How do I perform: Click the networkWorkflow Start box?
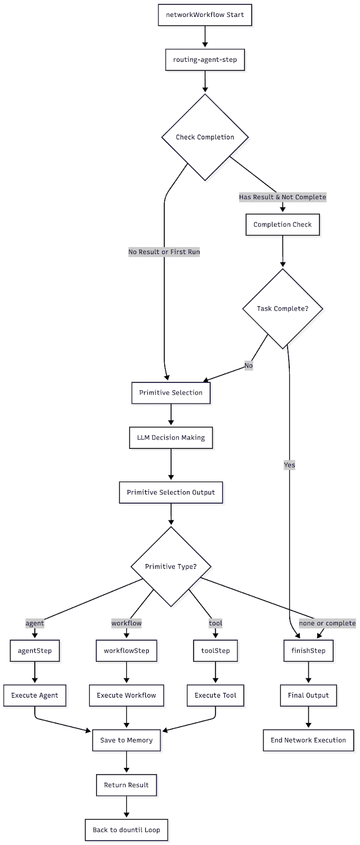click(x=205, y=15)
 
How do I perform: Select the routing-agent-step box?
click(x=205, y=60)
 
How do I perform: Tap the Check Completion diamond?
click(x=205, y=137)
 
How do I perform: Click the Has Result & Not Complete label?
click(x=282, y=197)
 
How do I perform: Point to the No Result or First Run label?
click(x=164, y=252)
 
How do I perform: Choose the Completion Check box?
click(x=282, y=224)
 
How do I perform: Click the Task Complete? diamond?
click(x=282, y=308)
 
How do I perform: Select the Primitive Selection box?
click(x=170, y=393)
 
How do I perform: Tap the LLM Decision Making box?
click(x=170, y=438)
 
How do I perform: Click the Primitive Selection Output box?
click(x=170, y=492)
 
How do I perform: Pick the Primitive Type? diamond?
click(x=170, y=567)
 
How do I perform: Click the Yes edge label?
click(x=289, y=465)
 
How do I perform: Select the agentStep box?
click(x=35, y=651)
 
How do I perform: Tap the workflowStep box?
click(x=126, y=651)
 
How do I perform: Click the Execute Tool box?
click(x=215, y=696)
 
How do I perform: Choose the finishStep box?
click(x=308, y=651)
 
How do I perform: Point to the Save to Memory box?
click(x=126, y=740)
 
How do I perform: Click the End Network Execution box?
click(x=308, y=740)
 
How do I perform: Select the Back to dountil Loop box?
click(x=126, y=830)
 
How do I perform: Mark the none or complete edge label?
click(x=327, y=623)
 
